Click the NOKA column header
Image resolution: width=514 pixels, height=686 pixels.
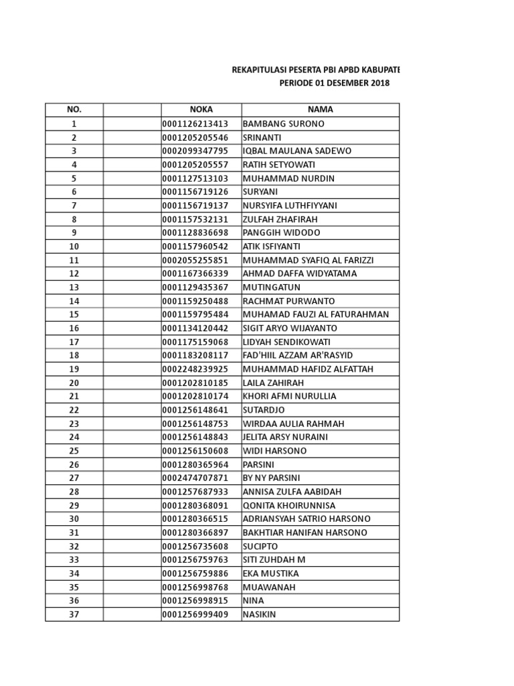(x=201, y=110)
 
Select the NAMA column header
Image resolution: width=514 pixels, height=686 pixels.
(x=320, y=110)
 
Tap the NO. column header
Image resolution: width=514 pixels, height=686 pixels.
(x=74, y=110)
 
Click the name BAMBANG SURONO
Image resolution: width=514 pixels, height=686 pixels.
(x=283, y=124)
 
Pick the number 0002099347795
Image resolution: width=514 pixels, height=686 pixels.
(x=195, y=151)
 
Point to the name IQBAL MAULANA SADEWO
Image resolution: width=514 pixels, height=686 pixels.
(x=296, y=151)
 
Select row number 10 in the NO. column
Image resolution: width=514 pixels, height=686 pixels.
(x=74, y=247)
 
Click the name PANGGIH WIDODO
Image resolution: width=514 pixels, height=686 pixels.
(x=281, y=232)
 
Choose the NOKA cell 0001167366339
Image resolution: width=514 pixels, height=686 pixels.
(x=195, y=273)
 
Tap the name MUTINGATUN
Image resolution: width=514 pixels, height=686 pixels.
(x=271, y=287)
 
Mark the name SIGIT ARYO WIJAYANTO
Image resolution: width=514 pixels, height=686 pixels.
(x=290, y=328)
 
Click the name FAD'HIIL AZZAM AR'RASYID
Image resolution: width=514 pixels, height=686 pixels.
(x=297, y=355)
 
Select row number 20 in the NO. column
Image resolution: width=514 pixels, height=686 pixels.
(x=74, y=383)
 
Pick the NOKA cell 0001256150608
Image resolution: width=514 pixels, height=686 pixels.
(x=195, y=451)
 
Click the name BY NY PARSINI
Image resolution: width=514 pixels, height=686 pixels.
(x=271, y=478)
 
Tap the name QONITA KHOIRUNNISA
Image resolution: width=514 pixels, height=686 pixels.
(x=288, y=505)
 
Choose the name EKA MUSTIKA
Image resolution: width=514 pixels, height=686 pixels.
(x=270, y=573)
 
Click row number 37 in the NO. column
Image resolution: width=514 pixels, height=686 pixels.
(x=74, y=614)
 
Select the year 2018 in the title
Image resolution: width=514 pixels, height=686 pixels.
(x=377, y=83)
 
